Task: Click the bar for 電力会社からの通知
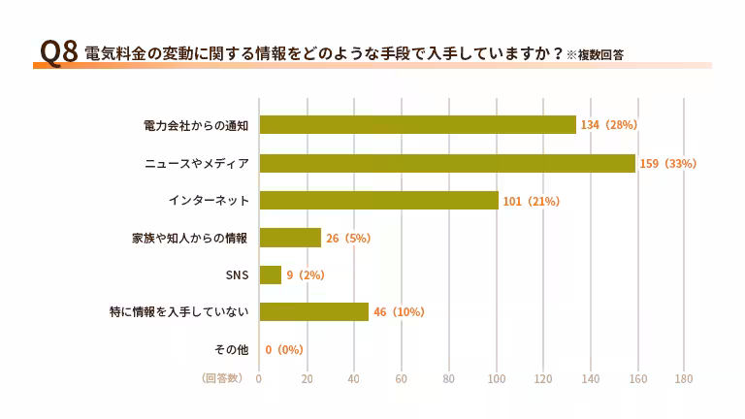coord(417,125)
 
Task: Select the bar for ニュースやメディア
coord(447,163)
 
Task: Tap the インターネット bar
coord(378,201)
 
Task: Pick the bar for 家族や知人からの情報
coord(290,238)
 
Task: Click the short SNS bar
coord(270,275)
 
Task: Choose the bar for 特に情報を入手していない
coord(313,312)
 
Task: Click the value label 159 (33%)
coord(667,163)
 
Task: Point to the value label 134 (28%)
coord(608,125)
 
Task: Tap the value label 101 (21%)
coord(531,201)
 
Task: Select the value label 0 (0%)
coord(284,349)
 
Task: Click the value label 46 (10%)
coord(399,312)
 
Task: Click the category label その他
coord(231,349)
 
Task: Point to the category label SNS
coord(237,275)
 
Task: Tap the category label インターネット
coord(209,201)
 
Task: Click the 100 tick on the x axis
coord(496,379)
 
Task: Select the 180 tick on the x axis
coord(684,379)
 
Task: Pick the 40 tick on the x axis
coord(354,379)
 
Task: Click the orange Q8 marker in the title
coord(57,52)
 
